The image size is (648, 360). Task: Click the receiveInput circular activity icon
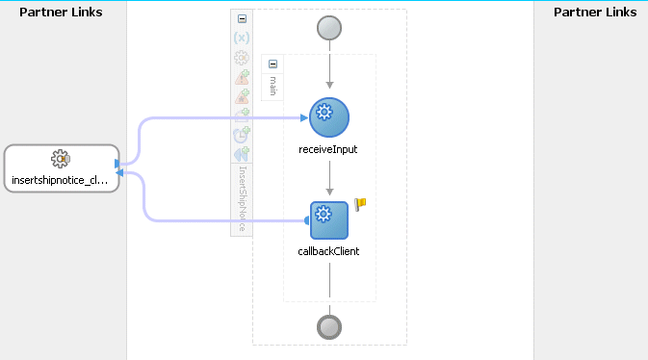(x=329, y=117)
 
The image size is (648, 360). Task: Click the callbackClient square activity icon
(x=329, y=220)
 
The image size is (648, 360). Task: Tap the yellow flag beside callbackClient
(x=361, y=204)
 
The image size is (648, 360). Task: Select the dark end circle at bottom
(x=329, y=326)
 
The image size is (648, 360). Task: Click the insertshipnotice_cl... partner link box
(x=62, y=168)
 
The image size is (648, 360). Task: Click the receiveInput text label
(x=329, y=149)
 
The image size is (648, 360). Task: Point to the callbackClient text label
(x=329, y=251)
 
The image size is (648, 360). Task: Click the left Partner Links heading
(x=61, y=13)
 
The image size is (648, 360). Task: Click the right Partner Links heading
(x=595, y=13)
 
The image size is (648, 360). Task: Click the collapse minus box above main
(x=272, y=64)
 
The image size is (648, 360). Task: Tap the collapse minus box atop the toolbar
(x=242, y=19)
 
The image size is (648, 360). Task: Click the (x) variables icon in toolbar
(x=242, y=39)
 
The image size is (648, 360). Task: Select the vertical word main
(x=272, y=85)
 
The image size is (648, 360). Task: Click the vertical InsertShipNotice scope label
(x=242, y=197)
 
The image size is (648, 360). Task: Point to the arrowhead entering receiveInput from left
(x=303, y=117)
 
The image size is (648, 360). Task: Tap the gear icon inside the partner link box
(x=60, y=159)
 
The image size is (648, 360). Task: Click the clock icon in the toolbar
(x=242, y=136)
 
